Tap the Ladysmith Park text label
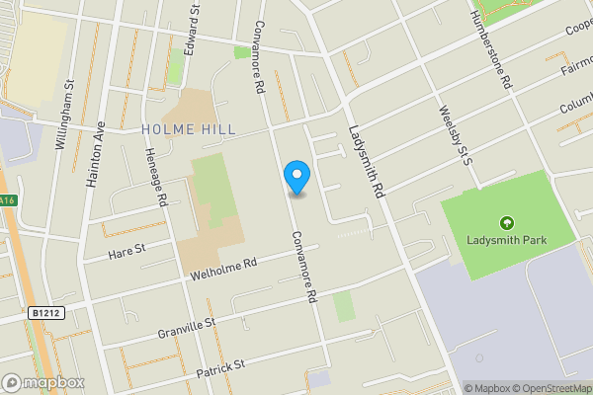507,241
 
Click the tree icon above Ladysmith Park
507,223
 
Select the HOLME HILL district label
189,129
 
